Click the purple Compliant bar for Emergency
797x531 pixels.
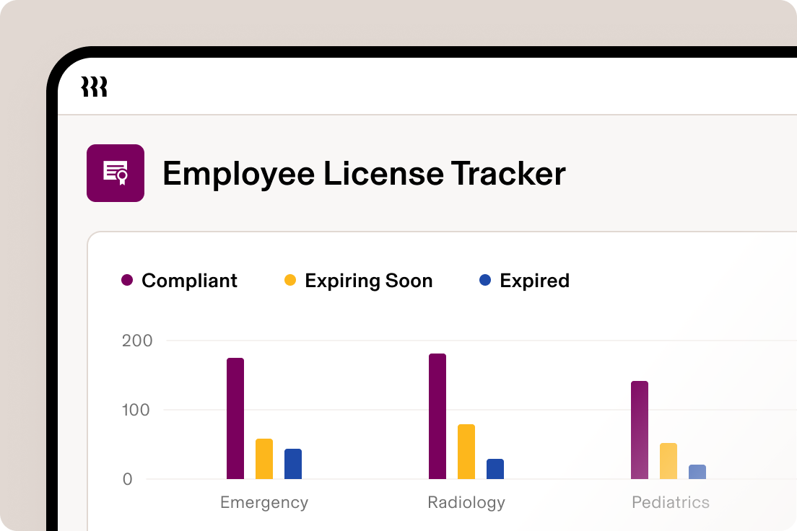[x=235, y=418]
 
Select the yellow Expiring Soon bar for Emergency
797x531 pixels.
[x=264, y=459]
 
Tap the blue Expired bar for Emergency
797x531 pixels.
[x=293, y=464]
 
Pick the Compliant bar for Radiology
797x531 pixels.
[x=437, y=416]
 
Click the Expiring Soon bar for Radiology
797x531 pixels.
[x=466, y=452]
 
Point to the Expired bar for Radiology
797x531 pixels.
[x=495, y=469]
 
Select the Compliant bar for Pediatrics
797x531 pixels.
[x=640, y=430]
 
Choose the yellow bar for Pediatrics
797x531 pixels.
[x=668, y=461]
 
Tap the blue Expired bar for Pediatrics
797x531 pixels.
[x=697, y=472]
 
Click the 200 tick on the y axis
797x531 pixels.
[x=137, y=341]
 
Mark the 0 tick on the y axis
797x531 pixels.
[x=128, y=479]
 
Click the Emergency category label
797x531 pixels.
[x=264, y=502]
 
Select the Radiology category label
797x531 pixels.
[x=466, y=502]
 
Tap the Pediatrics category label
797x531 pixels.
[x=671, y=502]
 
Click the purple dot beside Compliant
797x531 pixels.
[x=127, y=281]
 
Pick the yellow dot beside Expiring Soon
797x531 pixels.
[x=290, y=281]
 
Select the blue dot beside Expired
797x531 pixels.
[x=485, y=281]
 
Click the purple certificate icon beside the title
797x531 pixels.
[x=116, y=173]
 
